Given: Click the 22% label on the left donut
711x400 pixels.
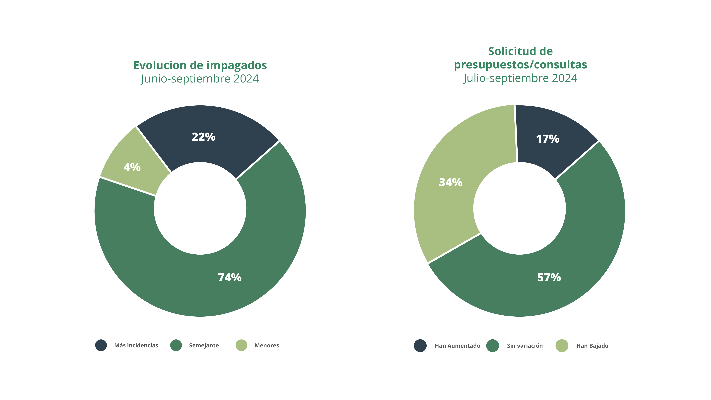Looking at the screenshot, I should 203,137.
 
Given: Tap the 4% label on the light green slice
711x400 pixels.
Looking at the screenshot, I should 132,167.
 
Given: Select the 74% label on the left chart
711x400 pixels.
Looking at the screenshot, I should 230,278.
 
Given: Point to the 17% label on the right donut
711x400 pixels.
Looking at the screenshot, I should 548,139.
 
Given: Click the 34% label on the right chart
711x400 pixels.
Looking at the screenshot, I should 450,182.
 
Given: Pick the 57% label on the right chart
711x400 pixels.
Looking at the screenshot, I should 549,278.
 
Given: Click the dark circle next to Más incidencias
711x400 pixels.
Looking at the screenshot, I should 101,345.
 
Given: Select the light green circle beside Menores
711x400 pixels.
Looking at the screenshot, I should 241,345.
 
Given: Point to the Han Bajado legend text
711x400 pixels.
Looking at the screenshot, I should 592,346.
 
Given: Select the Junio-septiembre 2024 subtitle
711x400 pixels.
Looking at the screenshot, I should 200,79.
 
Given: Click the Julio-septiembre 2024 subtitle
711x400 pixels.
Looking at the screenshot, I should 520,78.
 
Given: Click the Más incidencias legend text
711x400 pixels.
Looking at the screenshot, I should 136,346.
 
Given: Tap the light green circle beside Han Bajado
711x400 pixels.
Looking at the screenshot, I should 562,346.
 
